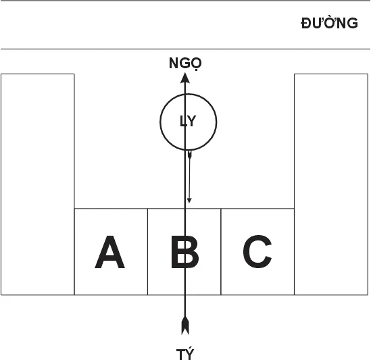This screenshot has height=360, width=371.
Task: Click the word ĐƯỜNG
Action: point(329,23)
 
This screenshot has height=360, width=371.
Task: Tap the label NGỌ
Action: point(185,63)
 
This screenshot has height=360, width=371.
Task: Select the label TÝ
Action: point(185,354)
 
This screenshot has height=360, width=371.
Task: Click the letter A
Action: point(109,252)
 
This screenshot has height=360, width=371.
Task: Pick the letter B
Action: point(184,252)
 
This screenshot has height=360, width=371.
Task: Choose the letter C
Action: point(257,251)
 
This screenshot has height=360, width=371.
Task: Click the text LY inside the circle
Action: point(188,121)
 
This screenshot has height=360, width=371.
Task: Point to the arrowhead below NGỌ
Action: point(185,78)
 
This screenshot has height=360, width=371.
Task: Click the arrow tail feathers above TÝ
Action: point(185,326)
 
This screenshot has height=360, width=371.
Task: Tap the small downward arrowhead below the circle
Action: point(189,201)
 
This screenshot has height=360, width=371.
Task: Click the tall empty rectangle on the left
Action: point(38,184)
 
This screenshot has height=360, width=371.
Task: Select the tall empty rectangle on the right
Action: point(331,184)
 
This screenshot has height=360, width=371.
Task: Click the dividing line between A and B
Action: point(147,252)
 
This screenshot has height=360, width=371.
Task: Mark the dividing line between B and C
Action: point(221,252)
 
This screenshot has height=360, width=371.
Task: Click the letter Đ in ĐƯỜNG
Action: point(306,24)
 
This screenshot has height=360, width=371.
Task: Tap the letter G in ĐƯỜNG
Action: point(352,24)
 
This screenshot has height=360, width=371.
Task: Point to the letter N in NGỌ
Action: point(174,63)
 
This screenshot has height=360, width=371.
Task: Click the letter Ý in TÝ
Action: point(190,354)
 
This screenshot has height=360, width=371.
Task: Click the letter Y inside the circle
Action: point(191,121)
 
